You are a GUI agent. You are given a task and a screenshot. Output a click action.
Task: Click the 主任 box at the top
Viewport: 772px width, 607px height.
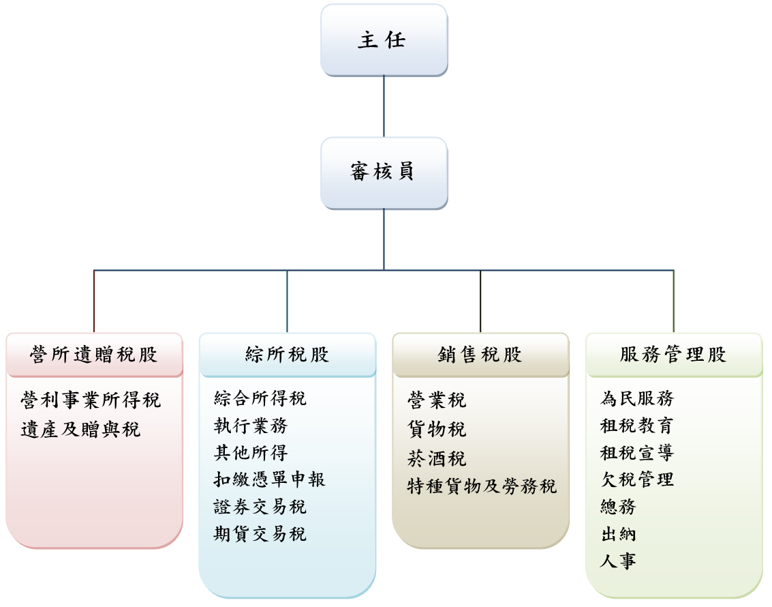tap(384, 40)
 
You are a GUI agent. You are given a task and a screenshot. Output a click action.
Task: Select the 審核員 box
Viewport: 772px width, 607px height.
tap(384, 173)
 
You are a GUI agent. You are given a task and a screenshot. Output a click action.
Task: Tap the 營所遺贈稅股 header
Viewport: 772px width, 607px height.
tap(94, 355)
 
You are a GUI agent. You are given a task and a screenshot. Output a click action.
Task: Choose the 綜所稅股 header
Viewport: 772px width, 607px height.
tap(287, 355)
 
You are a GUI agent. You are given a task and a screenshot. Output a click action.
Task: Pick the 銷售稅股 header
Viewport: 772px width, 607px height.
tap(480, 355)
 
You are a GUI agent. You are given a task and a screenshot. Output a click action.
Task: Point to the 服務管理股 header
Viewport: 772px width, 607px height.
tap(673, 355)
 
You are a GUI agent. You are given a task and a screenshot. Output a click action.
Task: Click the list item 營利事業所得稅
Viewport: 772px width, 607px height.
tap(91, 400)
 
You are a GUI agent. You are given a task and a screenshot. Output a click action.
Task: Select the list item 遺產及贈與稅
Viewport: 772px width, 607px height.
tap(80, 430)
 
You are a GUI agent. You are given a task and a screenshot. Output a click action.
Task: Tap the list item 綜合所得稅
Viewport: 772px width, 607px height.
tap(260, 398)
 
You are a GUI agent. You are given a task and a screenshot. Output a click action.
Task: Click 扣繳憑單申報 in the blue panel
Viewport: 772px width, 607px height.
tap(270, 479)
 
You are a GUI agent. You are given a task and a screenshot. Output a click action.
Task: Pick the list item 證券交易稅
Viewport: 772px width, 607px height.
tap(260, 507)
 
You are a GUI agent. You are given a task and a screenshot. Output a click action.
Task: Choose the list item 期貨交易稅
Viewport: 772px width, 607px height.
tap(260, 534)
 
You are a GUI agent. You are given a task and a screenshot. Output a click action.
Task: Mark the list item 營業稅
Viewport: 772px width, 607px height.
tap(437, 400)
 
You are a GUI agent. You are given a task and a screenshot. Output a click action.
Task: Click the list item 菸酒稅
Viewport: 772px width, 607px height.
tap(437, 458)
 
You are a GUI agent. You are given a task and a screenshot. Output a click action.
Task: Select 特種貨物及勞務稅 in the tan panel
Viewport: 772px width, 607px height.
tap(482, 486)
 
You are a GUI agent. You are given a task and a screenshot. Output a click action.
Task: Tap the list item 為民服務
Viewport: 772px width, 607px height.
tap(636, 398)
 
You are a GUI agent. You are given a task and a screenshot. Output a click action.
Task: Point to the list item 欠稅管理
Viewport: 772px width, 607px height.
tap(636, 479)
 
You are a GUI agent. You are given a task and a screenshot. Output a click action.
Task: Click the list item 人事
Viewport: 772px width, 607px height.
tap(618, 561)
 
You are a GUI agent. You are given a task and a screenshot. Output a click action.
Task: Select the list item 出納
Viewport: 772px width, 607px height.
tap(618, 534)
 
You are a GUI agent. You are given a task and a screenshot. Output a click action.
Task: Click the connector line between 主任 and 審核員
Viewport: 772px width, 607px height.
tap(384, 106)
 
